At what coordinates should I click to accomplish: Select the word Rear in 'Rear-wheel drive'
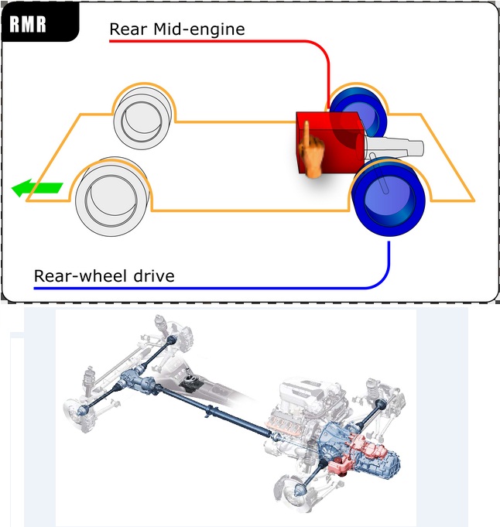(55, 275)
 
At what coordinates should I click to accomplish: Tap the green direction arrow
(37, 187)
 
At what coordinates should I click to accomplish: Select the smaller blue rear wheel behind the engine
(357, 112)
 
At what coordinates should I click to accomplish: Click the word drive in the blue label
(150, 275)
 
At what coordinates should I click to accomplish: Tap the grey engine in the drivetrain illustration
(306, 402)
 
